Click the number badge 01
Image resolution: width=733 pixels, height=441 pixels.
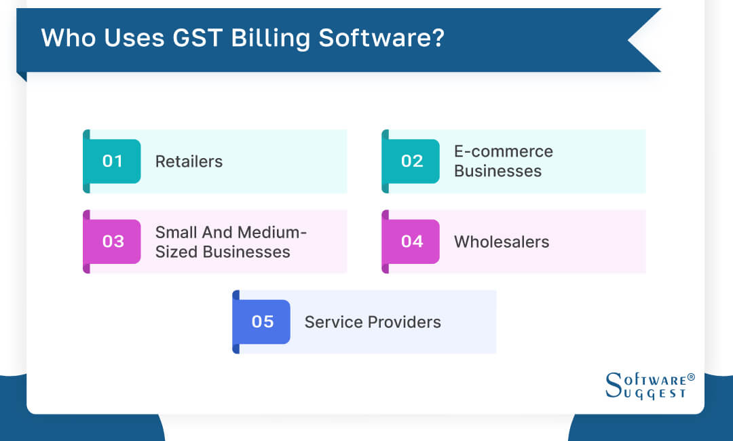(x=113, y=161)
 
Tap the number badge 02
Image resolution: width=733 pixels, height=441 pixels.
(x=411, y=161)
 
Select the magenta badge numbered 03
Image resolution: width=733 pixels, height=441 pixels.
(x=113, y=242)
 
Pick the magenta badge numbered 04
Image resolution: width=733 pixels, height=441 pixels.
(x=411, y=242)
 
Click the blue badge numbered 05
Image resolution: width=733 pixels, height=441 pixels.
(x=262, y=322)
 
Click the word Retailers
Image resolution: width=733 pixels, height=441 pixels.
(x=189, y=161)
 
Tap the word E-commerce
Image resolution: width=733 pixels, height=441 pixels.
(x=503, y=151)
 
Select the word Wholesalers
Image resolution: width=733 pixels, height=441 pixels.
(x=502, y=242)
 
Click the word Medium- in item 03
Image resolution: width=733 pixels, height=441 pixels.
(x=269, y=232)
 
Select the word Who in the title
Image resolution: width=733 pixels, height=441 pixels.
(x=65, y=38)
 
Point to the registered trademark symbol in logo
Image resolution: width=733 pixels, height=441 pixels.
(x=691, y=377)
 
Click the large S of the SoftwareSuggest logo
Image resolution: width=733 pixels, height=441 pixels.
(x=612, y=385)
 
